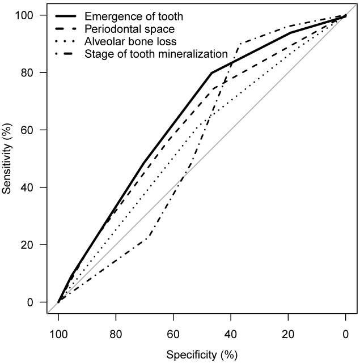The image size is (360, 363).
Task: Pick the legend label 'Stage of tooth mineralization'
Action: [x=156, y=54]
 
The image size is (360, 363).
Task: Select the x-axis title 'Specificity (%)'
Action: [x=202, y=355]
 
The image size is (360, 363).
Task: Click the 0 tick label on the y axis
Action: [x=32, y=302]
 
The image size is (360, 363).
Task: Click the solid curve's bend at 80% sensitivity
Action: [x=211, y=72]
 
